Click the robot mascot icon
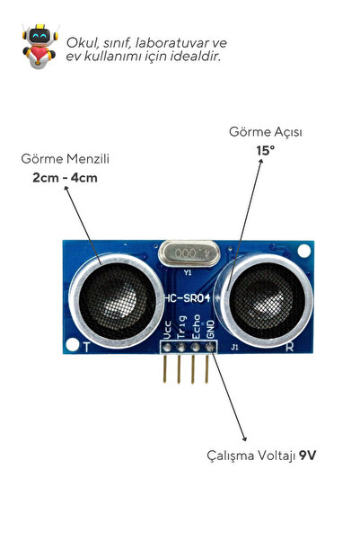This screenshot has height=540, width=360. [x=40, y=46]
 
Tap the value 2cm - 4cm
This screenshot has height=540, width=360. [x=65, y=178]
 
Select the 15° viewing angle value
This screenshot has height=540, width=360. [x=266, y=150]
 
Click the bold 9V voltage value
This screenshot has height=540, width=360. [x=307, y=456]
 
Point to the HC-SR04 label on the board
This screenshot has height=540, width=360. [x=188, y=298]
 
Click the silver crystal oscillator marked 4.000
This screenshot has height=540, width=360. [x=189, y=253]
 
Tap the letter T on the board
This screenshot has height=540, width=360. [x=87, y=347]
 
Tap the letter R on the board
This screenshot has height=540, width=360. [x=290, y=347]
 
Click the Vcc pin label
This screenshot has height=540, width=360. [x=167, y=330]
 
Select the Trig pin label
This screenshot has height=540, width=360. [x=181, y=327]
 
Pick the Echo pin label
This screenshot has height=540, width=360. [x=197, y=326]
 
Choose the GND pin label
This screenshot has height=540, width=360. [x=210, y=329]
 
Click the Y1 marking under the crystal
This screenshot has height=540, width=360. [x=188, y=273]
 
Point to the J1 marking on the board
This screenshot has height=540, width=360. [x=234, y=347]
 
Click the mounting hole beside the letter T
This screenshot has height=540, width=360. [x=73, y=344]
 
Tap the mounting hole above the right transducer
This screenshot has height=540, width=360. [x=304, y=251]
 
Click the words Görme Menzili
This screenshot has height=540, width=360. [x=65, y=159]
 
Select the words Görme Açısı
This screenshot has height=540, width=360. [x=266, y=132]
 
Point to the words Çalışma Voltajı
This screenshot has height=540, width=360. [x=251, y=456]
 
